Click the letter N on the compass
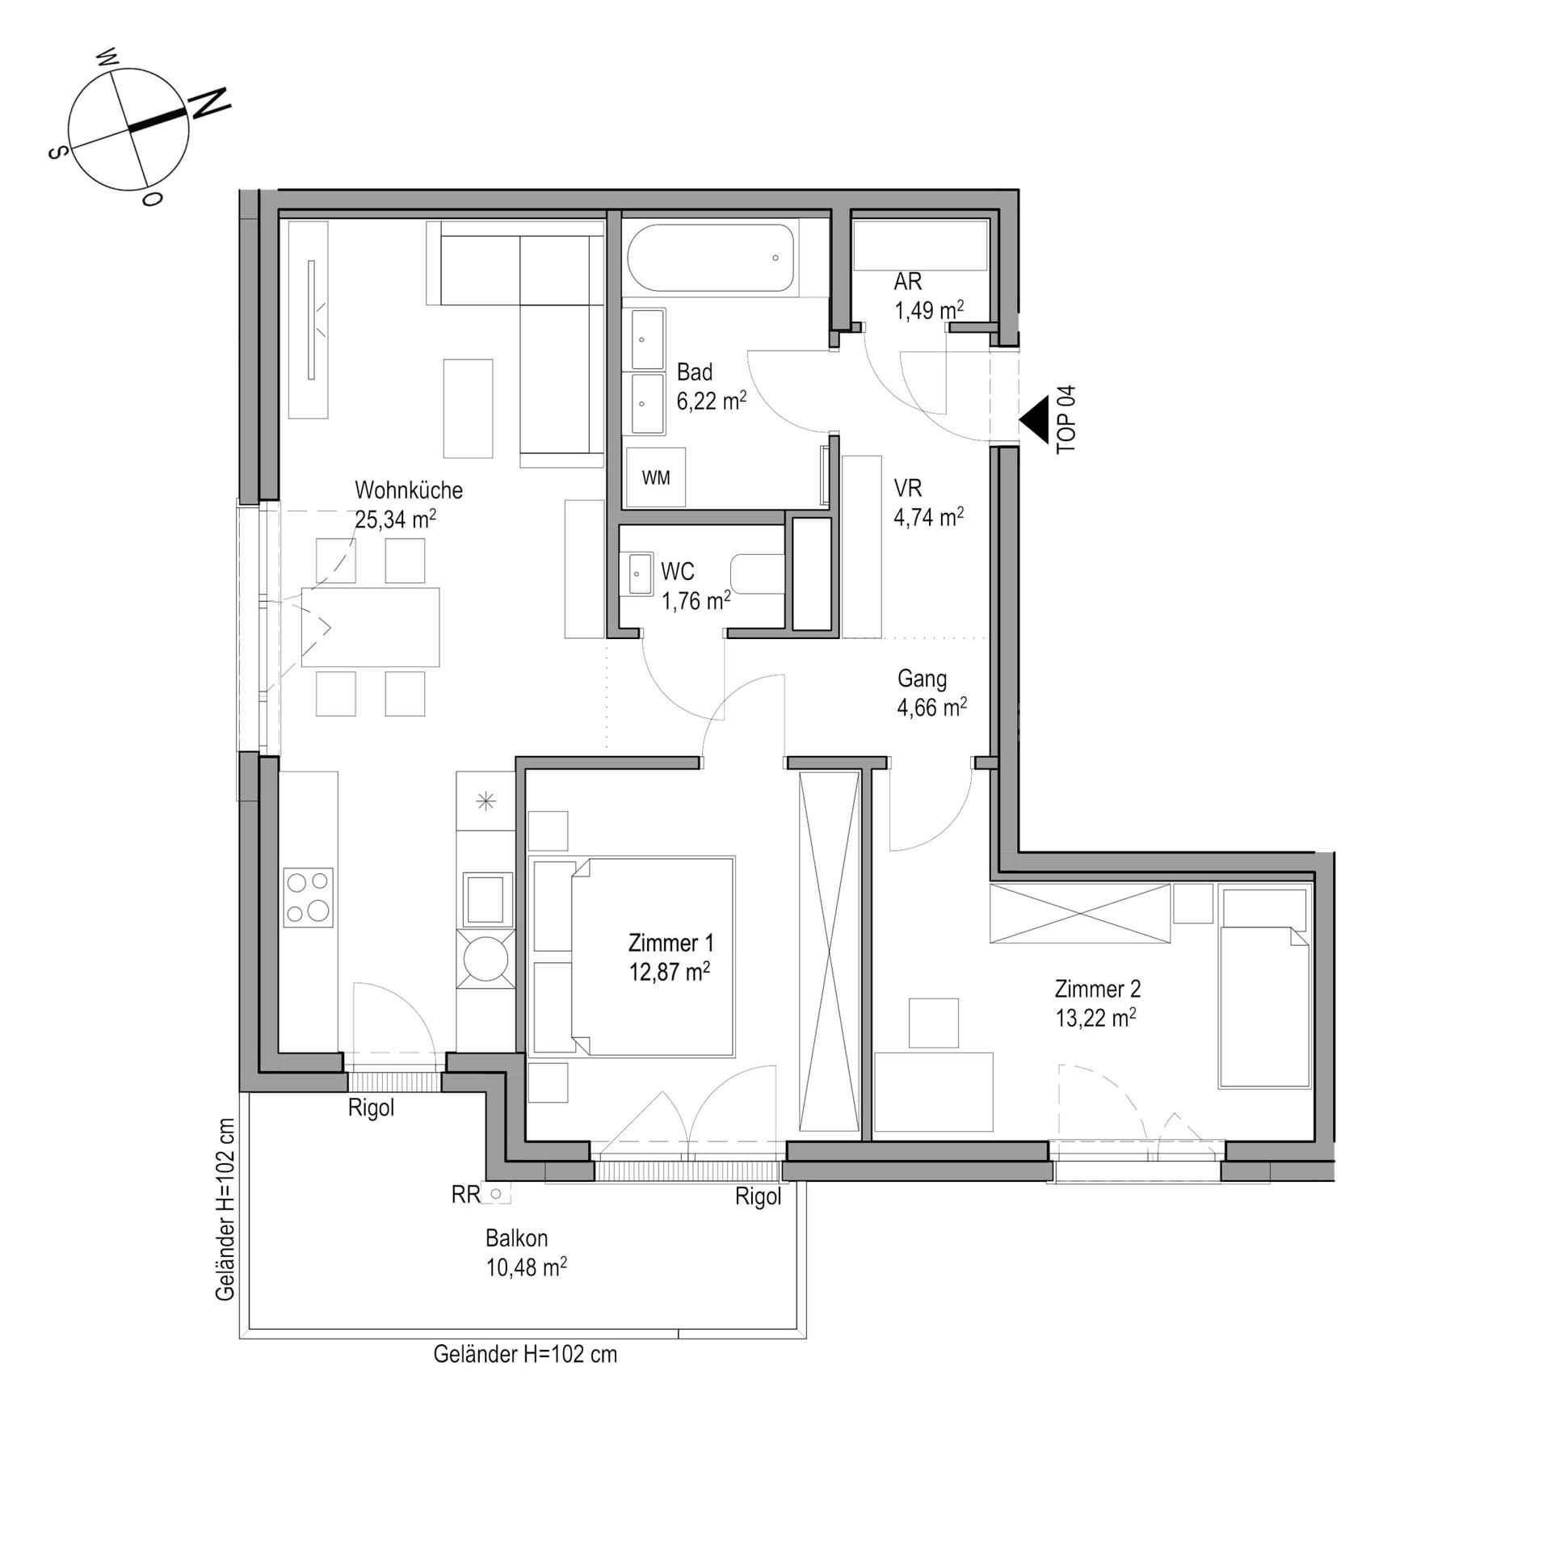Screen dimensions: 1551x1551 (209, 104)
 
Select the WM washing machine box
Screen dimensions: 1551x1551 (656, 477)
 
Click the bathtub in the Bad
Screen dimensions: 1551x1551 (711, 258)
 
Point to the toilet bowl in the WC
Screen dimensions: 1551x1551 (757, 574)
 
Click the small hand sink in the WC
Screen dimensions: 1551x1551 (637, 574)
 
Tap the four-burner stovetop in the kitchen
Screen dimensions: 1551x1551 (309, 897)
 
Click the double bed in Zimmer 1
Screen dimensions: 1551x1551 (632, 957)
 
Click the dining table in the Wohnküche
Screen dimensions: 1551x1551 (370, 627)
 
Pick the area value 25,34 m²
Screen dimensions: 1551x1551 (395, 519)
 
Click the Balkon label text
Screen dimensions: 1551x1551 (516, 1238)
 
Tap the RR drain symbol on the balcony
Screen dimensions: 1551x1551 (496, 1193)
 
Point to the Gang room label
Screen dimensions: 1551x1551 (922, 679)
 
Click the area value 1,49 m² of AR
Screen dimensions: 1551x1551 (929, 310)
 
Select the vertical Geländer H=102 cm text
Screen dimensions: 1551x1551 (225, 1209)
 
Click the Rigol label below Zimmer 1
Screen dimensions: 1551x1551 (758, 1197)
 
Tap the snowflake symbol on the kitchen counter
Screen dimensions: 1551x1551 (485, 801)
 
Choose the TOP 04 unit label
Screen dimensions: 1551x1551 (1066, 419)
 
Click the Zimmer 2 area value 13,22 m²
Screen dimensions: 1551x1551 (1095, 1018)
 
